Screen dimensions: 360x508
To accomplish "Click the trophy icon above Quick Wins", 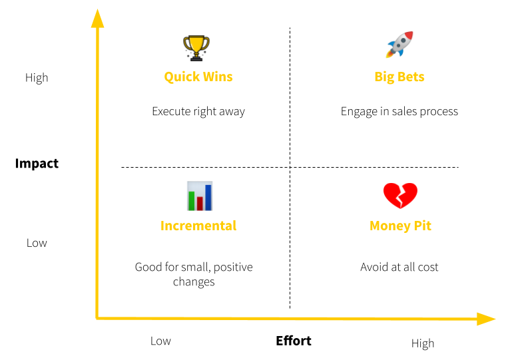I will click(x=196, y=48).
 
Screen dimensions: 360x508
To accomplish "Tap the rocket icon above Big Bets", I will click(x=399, y=45).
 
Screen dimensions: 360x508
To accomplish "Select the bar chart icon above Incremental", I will click(x=199, y=196).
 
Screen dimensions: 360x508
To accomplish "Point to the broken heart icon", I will click(x=400, y=196).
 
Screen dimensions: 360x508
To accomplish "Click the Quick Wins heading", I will click(x=198, y=77).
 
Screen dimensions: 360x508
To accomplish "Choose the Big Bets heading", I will click(x=399, y=77).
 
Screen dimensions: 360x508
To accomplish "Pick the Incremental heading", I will click(x=198, y=226).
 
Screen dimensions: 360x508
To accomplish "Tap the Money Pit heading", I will click(x=400, y=226).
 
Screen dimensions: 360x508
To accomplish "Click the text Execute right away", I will click(x=198, y=111).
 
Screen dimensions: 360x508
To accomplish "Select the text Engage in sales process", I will click(x=399, y=111).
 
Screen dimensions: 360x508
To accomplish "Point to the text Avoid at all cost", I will click(x=399, y=267).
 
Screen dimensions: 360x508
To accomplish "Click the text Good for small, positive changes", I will click(x=194, y=274).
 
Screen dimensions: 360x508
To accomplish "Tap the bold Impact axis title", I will click(x=37, y=164).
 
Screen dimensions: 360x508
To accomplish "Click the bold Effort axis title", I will click(x=294, y=341).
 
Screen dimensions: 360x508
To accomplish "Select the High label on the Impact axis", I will click(x=37, y=78).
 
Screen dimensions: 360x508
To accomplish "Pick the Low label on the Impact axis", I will click(x=37, y=243).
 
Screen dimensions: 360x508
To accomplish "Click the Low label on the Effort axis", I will click(x=160, y=341).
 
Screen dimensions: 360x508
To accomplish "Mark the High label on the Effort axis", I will click(x=423, y=343).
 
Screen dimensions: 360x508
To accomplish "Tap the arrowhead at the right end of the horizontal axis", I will click(x=486, y=319).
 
